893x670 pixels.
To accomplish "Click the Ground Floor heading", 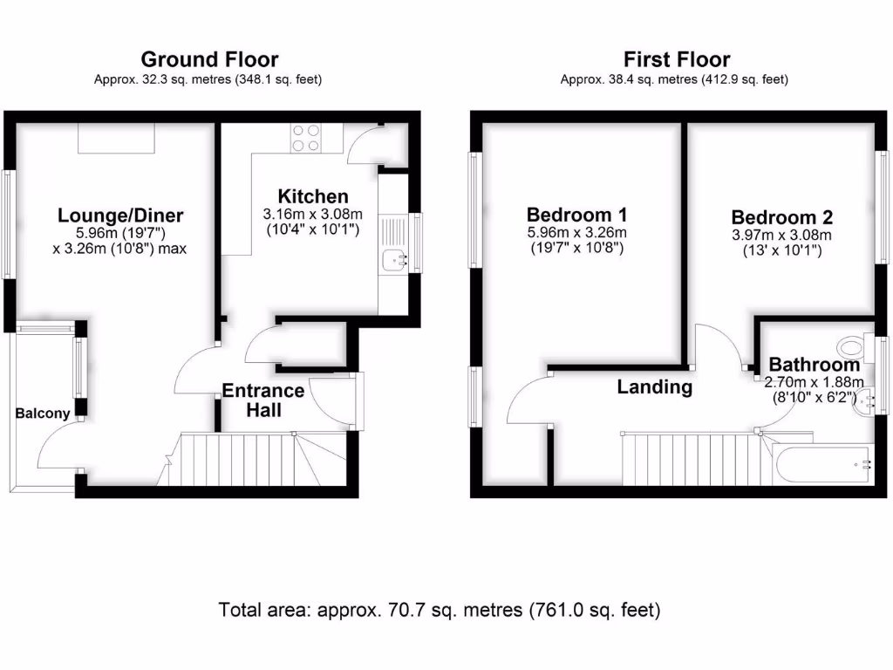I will pyautogui.click(x=209, y=59).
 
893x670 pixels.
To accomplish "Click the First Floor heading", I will pyautogui.click(x=677, y=59).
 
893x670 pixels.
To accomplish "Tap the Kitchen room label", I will pyautogui.click(x=313, y=196).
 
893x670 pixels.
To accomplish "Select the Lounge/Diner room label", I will pyautogui.click(x=120, y=215).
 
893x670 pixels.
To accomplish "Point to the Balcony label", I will pyautogui.click(x=42, y=414).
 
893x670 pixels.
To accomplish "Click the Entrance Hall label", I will pyautogui.click(x=263, y=399).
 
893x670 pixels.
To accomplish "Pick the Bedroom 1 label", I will pyautogui.click(x=576, y=215).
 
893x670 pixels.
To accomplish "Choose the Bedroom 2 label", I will pyautogui.click(x=782, y=217).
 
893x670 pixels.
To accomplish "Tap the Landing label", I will pyautogui.click(x=654, y=386).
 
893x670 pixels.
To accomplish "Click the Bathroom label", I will pyautogui.click(x=814, y=366).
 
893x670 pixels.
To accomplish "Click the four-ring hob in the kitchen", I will pyautogui.click(x=305, y=138).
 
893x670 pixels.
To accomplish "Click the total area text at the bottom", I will pyautogui.click(x=440, y=609).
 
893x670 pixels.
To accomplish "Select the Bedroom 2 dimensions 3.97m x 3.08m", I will pyautogui.click(x=782, y=236).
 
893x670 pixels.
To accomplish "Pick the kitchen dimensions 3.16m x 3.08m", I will pyautogui.click(x=313, y=214).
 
